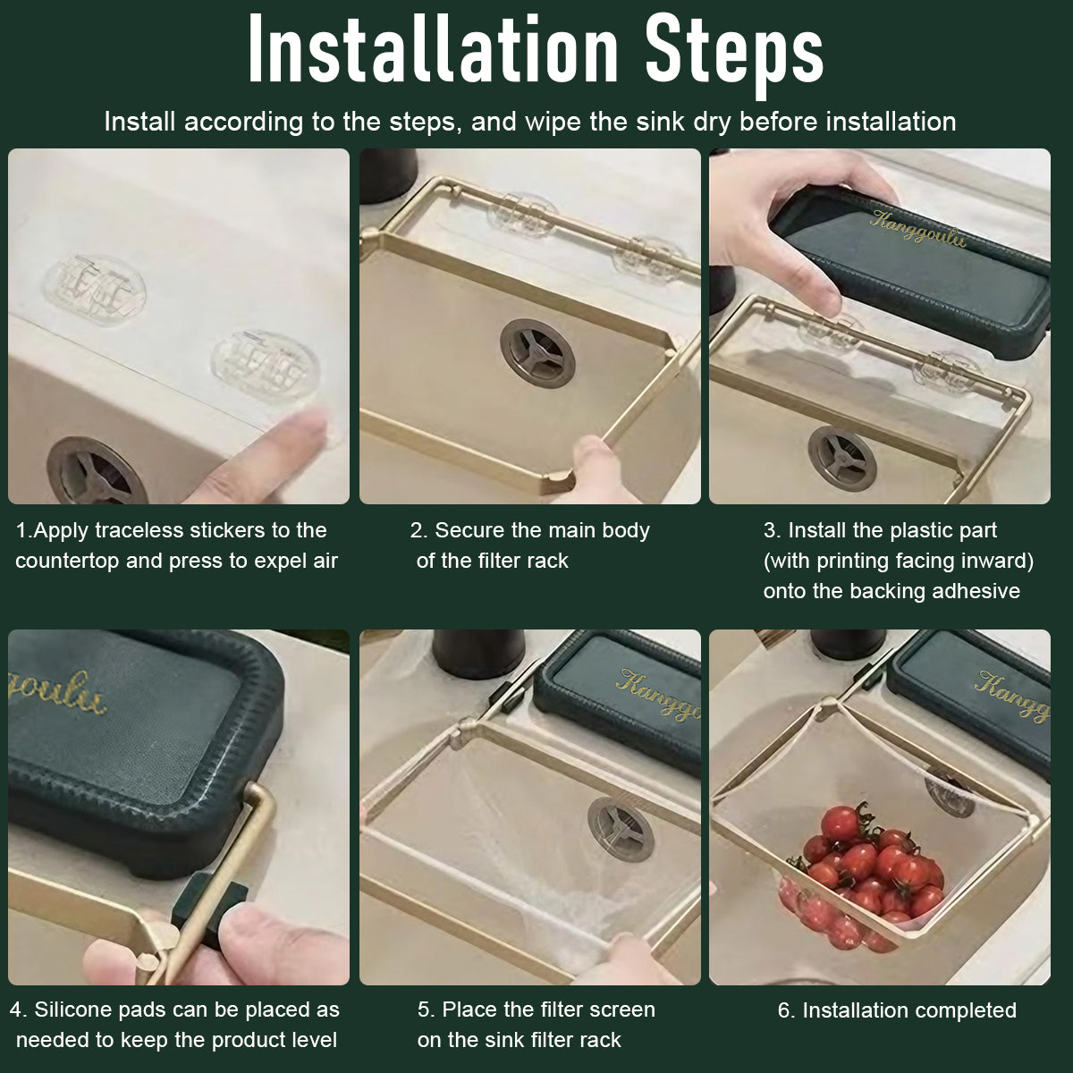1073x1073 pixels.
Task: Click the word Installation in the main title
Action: tap(433, 49)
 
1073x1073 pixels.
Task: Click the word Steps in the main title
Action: tap(734, 55)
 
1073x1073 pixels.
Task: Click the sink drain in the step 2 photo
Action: tap(537, 353)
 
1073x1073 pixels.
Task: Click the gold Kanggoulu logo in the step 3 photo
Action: tap(917, 228)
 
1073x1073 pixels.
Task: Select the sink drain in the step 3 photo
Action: tap(842, 459)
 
